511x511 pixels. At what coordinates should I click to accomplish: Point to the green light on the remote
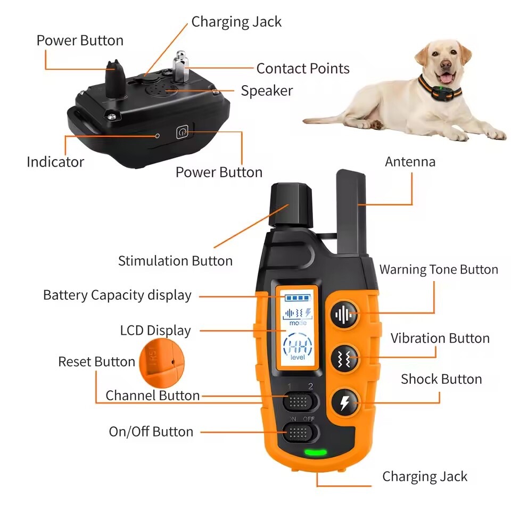click(315, 453)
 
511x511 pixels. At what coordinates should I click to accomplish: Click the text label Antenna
click(410, 162)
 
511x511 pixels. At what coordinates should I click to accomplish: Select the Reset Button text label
click(96, 362)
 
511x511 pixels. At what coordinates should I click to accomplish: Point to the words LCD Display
click(155, 331)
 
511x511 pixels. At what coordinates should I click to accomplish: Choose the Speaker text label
click(267, 91)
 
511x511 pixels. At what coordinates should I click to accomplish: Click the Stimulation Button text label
click(175, 261)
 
